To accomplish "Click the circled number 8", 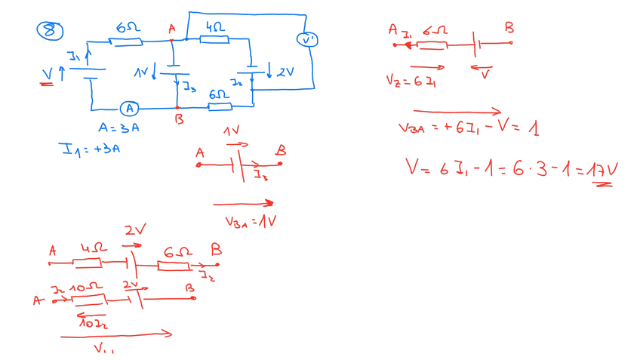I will point(50,30).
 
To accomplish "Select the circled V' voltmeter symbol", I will point(307,39).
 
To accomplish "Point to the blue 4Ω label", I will point(214,26).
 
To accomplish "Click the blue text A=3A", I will point(118,128).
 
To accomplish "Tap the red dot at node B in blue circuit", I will point(177,108).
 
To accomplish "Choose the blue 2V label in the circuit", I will point(285,72).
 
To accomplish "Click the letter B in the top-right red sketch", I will point(509,28).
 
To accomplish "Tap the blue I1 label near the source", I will point(73,57).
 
